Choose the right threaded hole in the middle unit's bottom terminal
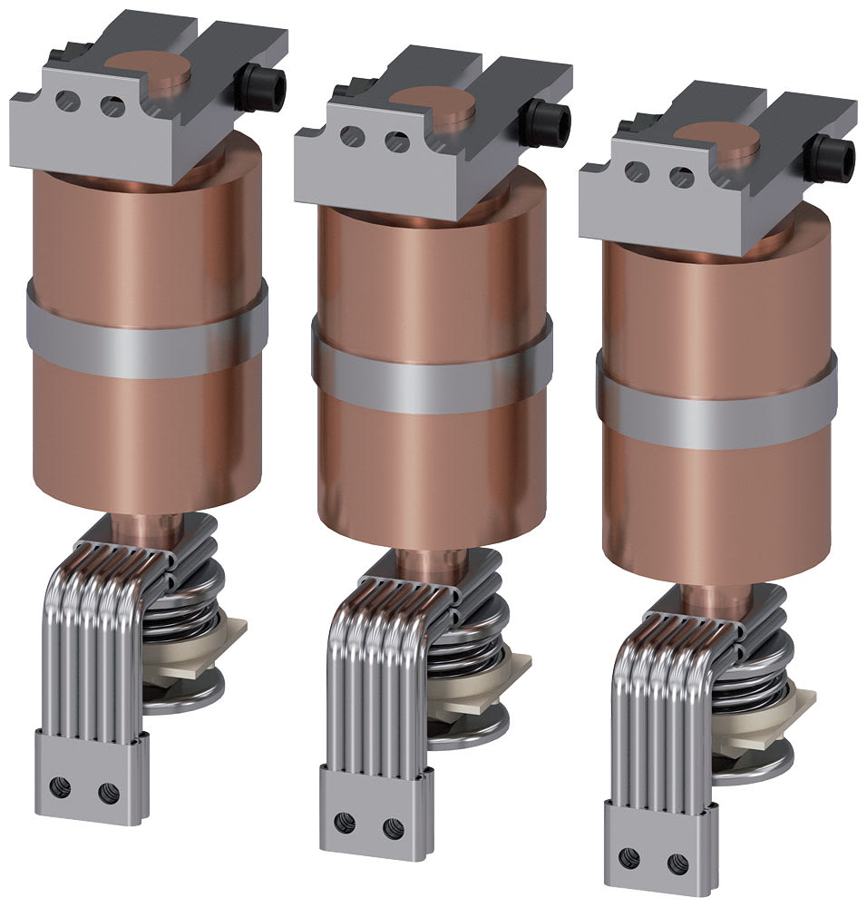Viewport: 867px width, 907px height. [392, 826]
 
